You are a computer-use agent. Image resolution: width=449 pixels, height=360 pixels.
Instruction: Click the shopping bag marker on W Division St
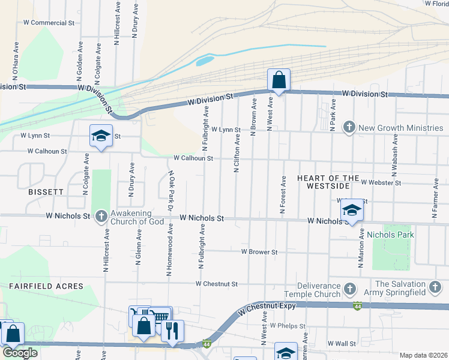279,79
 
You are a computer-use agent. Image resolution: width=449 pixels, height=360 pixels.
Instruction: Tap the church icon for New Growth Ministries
349,127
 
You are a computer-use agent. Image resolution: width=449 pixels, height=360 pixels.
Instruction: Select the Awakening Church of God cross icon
101,215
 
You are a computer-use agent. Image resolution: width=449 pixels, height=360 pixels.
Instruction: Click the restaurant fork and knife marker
172,331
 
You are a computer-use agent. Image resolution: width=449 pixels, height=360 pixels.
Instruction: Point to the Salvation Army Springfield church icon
436,287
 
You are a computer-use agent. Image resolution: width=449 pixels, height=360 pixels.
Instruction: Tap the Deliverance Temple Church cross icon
350,290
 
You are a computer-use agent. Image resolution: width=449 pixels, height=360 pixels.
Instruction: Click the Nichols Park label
390,235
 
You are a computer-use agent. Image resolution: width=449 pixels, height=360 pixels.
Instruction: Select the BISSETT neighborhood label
45,192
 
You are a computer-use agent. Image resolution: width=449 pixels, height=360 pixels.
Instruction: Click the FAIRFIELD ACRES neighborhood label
42,287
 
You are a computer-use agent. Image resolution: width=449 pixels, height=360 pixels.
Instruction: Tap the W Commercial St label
48,23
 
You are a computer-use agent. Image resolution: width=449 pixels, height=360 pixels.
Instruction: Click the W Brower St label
259,253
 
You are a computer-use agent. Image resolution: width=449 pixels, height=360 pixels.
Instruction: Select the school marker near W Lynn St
101,136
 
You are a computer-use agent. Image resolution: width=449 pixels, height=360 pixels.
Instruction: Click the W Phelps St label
288,326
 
